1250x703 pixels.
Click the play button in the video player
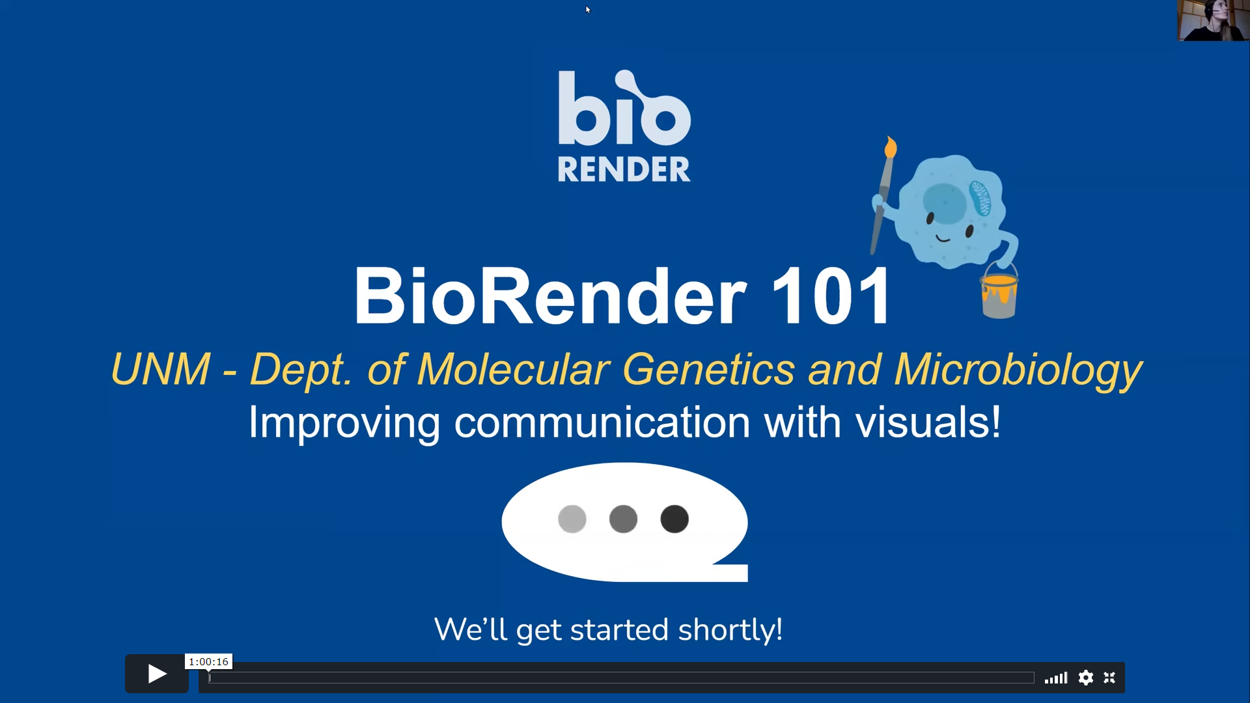click(x=157, y=674)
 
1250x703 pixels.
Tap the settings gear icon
click(x=1085, y=678)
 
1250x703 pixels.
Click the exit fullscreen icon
click(x=1109, y=678)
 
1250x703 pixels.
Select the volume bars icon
click(x=1056, y=678)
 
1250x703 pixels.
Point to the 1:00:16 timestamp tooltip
click(x=208, y=661)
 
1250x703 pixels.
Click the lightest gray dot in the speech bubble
click(x=572, y=519)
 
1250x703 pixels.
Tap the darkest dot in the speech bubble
click(x=674, y=519)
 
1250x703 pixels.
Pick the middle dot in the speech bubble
click(x=623, y=519)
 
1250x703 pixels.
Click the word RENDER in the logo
click(x=624, y=169)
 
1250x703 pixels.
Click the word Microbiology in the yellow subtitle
click(x=1018, y=370)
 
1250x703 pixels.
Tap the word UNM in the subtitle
click(x=161, y=370)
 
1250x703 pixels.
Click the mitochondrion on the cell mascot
click(x=980, y=198)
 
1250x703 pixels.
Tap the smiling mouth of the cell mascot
click(x=943, y=239)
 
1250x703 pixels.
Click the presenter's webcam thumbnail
click(x=1213, y=20)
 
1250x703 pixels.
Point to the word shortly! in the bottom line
click(x=730, y=630)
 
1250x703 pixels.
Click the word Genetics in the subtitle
click(x=708, y=370)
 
